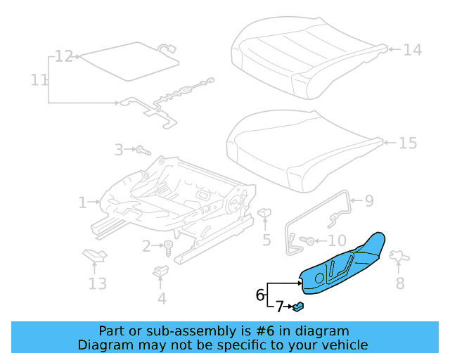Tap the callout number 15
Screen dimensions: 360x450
coord(407,143)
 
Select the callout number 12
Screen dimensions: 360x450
coord(64,56)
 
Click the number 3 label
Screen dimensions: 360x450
coord(119,149)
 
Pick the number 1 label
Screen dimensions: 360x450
coord(83,203)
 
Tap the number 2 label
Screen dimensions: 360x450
coord(146,246)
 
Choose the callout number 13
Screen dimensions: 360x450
coord(97,283)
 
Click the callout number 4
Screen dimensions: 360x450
coord(162,298)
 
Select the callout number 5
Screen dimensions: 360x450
coord(266,240)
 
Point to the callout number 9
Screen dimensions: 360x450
coord(369,201)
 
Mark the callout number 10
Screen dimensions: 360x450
coord(337,240)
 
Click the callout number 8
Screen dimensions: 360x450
coord(399,283)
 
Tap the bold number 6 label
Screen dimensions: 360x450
coord(260,295)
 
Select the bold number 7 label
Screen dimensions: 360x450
coord(279,307)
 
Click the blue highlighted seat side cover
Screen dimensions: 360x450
coord(345,264)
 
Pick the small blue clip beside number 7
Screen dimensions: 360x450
coord(298,306)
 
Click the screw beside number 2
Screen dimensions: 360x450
coord(169,247)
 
